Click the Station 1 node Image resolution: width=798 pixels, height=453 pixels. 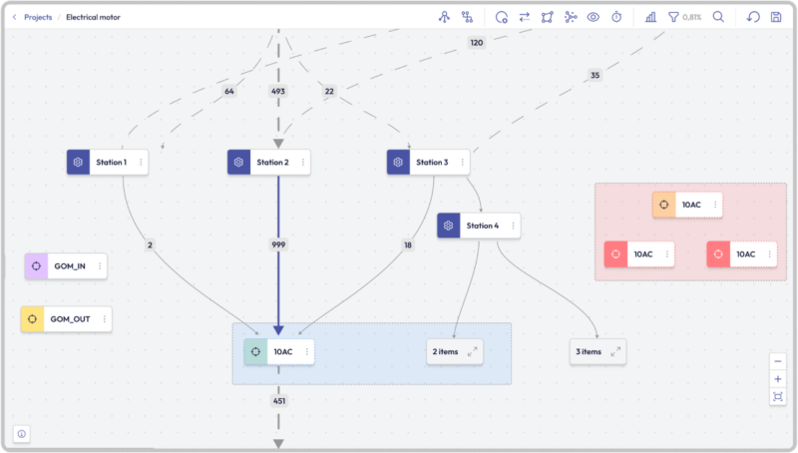[110, 163]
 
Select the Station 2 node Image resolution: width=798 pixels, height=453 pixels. [270, 163]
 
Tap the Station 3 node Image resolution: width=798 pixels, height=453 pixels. [430, 163]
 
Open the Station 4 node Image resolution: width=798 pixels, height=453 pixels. [480, 226]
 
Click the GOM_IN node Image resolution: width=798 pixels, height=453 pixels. [67, 267]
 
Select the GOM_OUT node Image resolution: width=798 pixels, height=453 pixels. [67, 319]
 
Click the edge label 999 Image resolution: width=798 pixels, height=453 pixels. [278, 244]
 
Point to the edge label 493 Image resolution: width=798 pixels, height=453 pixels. [278, 92]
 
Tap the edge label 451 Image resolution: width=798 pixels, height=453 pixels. [278, 402]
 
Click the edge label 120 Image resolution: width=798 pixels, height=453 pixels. [476, 43]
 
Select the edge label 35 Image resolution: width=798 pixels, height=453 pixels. [596, 76]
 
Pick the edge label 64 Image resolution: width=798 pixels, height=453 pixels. [229, 92]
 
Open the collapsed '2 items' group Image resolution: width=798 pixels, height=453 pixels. [455, 352]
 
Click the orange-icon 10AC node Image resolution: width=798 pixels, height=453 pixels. [688, 205]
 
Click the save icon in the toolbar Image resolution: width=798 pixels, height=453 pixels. [776, 17]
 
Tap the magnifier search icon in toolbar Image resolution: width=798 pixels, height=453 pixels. [718, 17]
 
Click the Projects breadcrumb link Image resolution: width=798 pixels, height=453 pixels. [38, 17]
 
